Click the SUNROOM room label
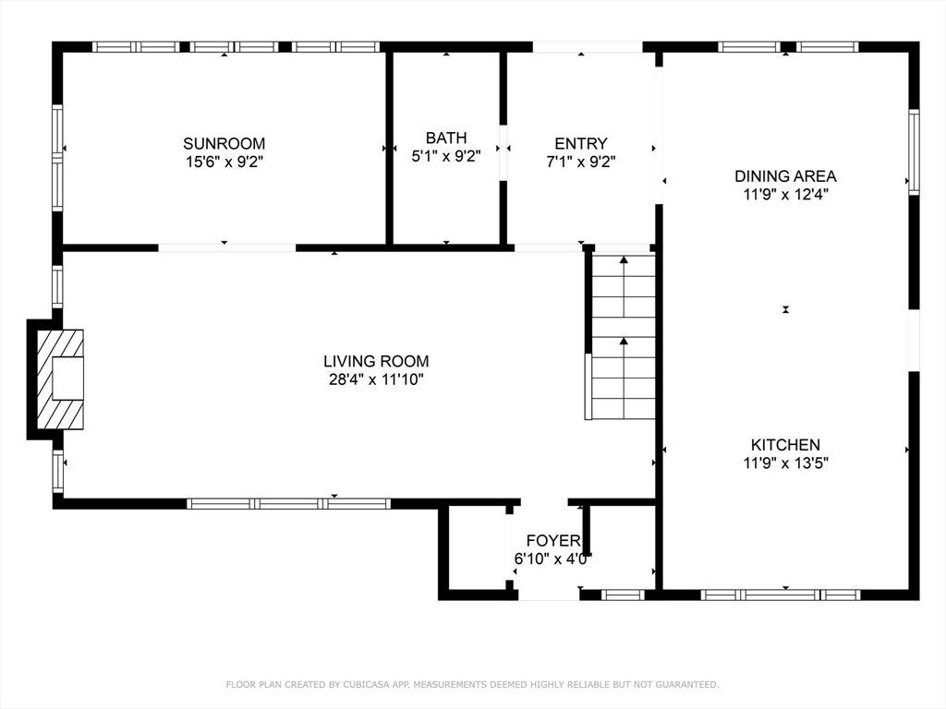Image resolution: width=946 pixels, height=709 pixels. pyautogui.click(x=224, y=143)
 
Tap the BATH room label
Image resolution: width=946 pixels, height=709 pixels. pyautogui.click(x=446, y=138)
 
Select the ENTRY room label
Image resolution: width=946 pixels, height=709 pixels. pyautogui.click(x=581, y=143)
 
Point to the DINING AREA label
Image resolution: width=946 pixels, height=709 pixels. pyautogui.click(x=785, y=176)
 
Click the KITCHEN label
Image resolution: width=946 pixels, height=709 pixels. pyautogui.click(x=785, y=445)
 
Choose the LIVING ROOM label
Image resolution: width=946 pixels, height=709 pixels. pyautogui.click(x=376, y=361)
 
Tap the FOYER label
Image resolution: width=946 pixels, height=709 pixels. pyautogui.click(x=553, y=540)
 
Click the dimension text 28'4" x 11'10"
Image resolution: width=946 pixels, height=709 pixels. pyautogui.click(x=377, y=379)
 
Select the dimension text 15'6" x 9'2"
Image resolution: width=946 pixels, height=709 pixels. pyautogui.click(x=224, y=162)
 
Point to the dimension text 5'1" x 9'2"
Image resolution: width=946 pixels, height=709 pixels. pyautogui.click(x=446, y=156)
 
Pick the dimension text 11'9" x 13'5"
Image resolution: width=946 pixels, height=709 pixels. pyautogui.click(x=785, y=463)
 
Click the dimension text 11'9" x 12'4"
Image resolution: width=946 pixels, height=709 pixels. pyautogui.click(x=785, y=194)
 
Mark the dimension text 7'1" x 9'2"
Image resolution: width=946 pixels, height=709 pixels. pyautogui.click(x=581, y=162)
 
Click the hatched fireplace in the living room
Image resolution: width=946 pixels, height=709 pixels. pyautogui.click(x=60, y=379)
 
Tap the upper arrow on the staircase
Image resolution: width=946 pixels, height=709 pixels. pyautogui.click(x=624, y=286)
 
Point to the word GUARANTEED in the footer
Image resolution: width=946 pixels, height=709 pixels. pyautogui.click(x=686, y=684)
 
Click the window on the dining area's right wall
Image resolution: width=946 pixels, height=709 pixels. pyautogui.click(x=914, y=152)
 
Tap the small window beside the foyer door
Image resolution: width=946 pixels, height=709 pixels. pyautogui.click(x=624, y=595)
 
